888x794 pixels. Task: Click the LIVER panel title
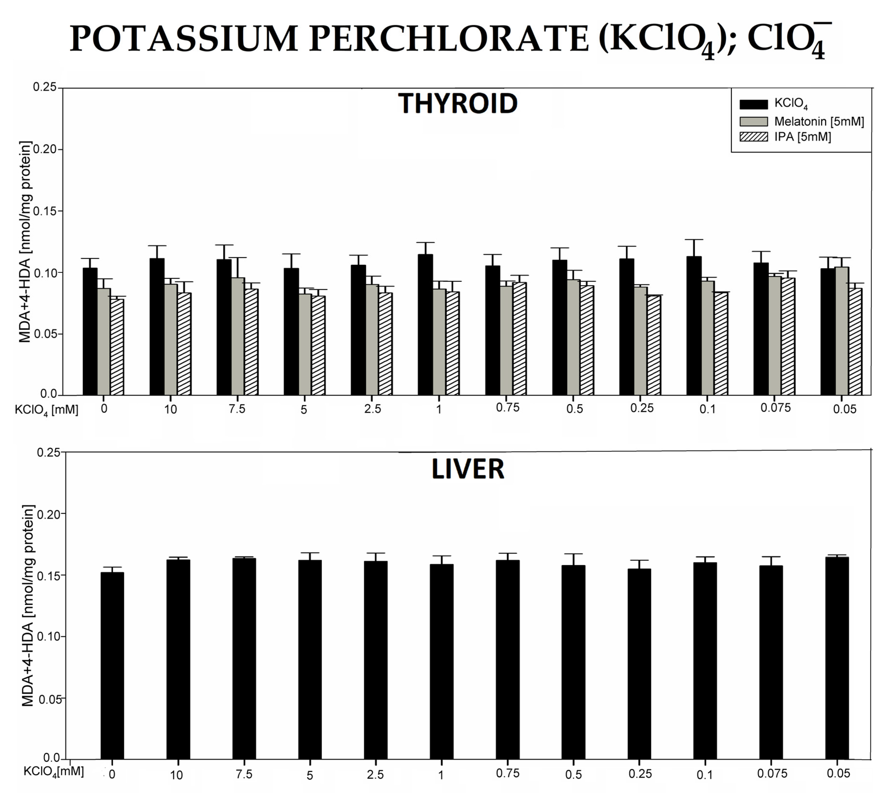(468, 469)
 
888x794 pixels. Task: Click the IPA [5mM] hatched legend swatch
(754, 137)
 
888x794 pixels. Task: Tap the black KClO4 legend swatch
(754, 104)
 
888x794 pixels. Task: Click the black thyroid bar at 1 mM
(425, 325)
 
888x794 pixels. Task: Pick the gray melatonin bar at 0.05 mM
(842, 332)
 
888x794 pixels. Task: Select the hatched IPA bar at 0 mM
(117, 347)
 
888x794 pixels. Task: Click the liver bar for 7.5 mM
(244, 659)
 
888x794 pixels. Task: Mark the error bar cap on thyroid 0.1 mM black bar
(694, 240)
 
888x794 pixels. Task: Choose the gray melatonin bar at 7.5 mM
(237, 336)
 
